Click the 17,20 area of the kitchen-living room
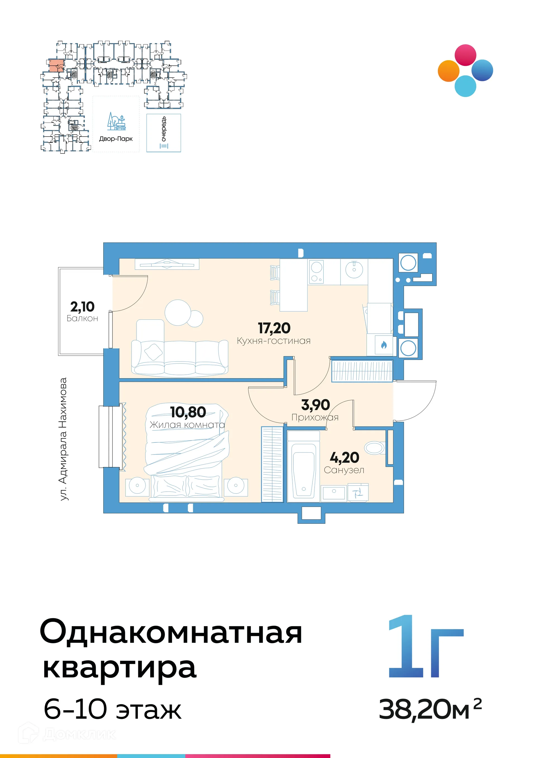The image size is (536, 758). pos(274,328)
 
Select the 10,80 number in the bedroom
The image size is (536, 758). pos(188,412)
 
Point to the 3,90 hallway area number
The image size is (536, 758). pos(315,405)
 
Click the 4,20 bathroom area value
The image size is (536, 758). pos(344,458)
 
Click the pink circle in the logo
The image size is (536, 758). pos(465,55)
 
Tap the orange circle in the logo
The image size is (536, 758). pos(449,71)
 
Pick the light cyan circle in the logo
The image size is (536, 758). pos(465,86)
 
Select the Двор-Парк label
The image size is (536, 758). pos(116,139)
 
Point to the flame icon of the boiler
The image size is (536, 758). pos(384,345)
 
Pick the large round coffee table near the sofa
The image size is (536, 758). pos(178,312)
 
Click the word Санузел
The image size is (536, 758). pos(344,470)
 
